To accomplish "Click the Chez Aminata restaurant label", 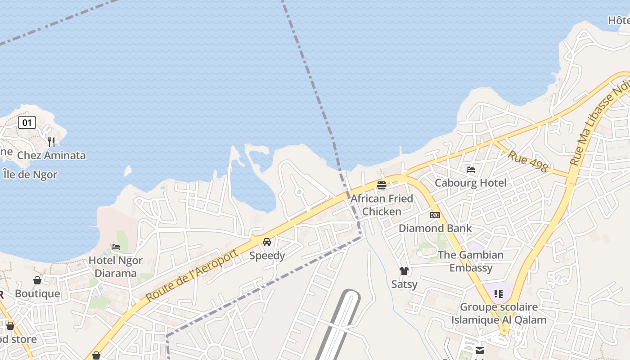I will point(51,156).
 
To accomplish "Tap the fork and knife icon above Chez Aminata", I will point(51,142).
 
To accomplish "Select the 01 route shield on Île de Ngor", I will point(27,122).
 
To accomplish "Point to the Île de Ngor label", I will point(30,175).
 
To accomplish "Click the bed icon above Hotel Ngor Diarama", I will point(116,247).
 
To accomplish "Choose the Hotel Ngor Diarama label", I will point(116,267).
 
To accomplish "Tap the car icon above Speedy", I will point(267,242).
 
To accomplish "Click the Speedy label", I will point(267,256).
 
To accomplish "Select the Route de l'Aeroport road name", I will point(192,275).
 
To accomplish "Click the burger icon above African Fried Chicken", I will point(382,185).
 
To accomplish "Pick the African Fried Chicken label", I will point(382,205).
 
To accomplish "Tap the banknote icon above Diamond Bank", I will point(435,215).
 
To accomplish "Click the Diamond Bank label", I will point(435,229).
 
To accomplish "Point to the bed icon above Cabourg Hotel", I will point(471,170).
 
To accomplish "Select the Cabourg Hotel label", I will point(471,183).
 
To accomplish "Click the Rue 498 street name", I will point(528,161).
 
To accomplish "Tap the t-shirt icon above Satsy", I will point(404,271).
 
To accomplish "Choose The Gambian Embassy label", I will point(471,261).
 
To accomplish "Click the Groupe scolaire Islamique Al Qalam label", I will point(499,314).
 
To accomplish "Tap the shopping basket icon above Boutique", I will point(37,280).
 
